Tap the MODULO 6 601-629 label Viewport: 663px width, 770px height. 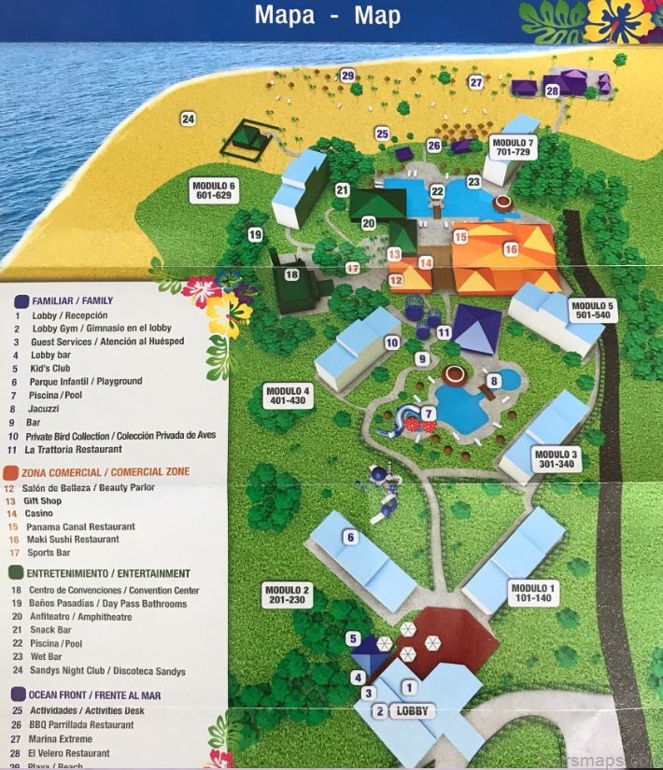coord(214,190)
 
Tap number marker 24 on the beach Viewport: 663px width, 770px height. coord(189,119)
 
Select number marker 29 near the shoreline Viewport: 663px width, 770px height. coord(347,76)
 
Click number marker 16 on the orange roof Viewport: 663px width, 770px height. coord(510,249)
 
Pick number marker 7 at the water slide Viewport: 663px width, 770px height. coord(429,413)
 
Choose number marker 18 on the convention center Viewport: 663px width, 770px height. coord(291,274)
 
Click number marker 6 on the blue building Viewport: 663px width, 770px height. coord(351,537)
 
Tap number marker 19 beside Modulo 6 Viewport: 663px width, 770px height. coord(255,235)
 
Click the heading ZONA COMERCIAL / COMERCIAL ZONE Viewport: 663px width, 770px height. coord(102,472)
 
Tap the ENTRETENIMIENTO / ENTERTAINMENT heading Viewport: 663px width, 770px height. coord(105,573)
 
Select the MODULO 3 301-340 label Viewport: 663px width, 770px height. coord(557,459)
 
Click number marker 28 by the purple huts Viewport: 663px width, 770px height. coord(552,91)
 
